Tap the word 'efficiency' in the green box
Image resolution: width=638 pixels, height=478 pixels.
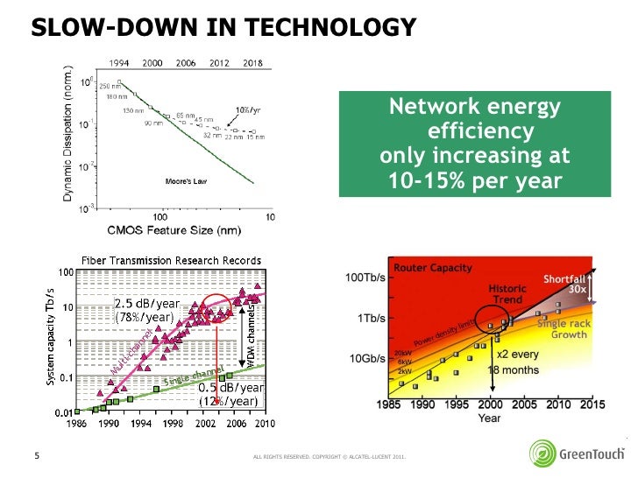point(478,132)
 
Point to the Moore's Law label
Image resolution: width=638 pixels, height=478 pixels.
point(185,181)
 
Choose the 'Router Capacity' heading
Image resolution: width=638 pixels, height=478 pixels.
point(432,268)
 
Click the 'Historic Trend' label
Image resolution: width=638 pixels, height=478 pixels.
point(507,294)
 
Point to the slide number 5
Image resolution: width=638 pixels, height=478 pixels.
point(37,454)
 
